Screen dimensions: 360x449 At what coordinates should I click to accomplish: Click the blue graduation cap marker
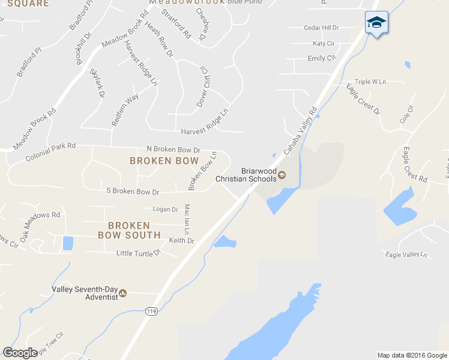(376, 23)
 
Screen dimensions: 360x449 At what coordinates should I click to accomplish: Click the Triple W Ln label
(370, 82)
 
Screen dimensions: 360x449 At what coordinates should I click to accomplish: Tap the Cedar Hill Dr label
(321, 28)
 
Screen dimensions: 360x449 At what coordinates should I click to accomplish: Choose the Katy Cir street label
(324, 44)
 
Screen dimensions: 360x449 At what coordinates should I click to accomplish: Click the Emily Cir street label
(321, 58)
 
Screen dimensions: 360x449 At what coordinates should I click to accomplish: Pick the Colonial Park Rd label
(50, 152)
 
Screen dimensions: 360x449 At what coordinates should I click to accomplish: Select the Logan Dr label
(166, 209)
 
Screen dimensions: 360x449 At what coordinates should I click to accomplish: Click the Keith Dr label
(182, 241)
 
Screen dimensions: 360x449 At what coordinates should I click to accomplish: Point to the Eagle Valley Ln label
(406, 254)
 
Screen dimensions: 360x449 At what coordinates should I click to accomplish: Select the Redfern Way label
(125, 110)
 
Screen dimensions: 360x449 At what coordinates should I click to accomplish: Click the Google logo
(20, 352)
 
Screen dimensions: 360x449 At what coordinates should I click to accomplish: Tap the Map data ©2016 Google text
(412, 355)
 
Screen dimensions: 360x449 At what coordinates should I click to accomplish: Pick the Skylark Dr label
(97, 83)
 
